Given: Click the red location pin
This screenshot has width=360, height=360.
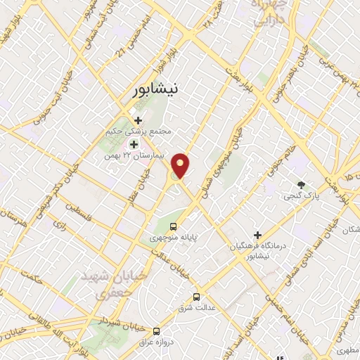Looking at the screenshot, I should pos(182,165).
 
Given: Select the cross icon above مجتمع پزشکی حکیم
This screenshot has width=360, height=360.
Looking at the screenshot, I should pos(138,120).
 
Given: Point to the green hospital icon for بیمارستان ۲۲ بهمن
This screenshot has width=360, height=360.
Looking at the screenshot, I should pos(133,144).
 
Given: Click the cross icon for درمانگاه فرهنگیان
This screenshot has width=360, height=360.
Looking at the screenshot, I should pos(257,234).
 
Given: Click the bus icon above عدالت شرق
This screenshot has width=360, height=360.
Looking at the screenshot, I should pos(196,297).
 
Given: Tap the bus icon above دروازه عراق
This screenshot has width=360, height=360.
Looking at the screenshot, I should pos(155,330).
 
